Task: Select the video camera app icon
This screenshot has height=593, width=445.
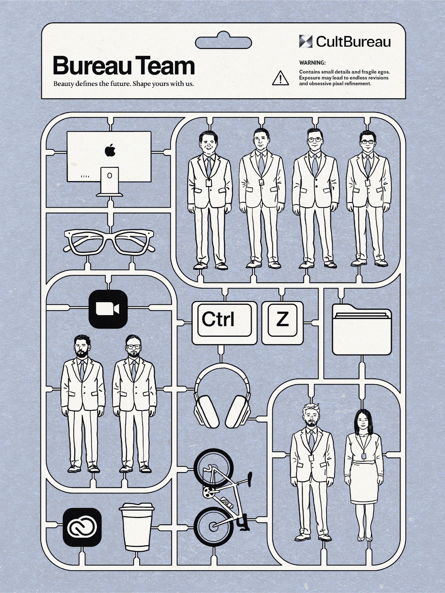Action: coord(108,309)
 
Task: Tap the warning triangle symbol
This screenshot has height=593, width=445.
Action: coord(280,78)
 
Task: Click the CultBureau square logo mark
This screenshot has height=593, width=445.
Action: coord(306,42)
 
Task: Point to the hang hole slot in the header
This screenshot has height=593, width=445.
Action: coord(223,42)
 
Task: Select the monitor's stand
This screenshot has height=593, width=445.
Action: coord(109,182)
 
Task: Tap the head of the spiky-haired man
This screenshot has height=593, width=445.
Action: coord(311,416)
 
